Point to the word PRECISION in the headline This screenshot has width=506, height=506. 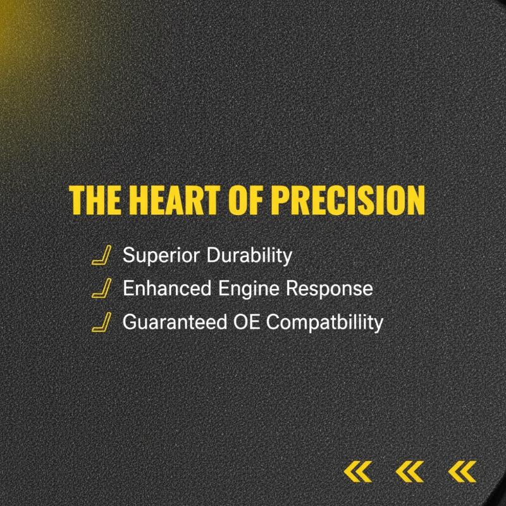[348, 200]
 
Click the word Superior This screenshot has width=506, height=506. [161, 256]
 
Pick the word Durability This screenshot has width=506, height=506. [249, 256]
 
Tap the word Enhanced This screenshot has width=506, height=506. [167, 288]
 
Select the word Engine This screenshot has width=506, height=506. [249, 289]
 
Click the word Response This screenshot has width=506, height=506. [330, 289]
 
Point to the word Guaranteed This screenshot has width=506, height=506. [175, 322]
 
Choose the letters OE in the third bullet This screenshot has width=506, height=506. [247, 322]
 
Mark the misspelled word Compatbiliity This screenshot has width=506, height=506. [325, 323]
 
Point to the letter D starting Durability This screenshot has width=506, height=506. [213, 256]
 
